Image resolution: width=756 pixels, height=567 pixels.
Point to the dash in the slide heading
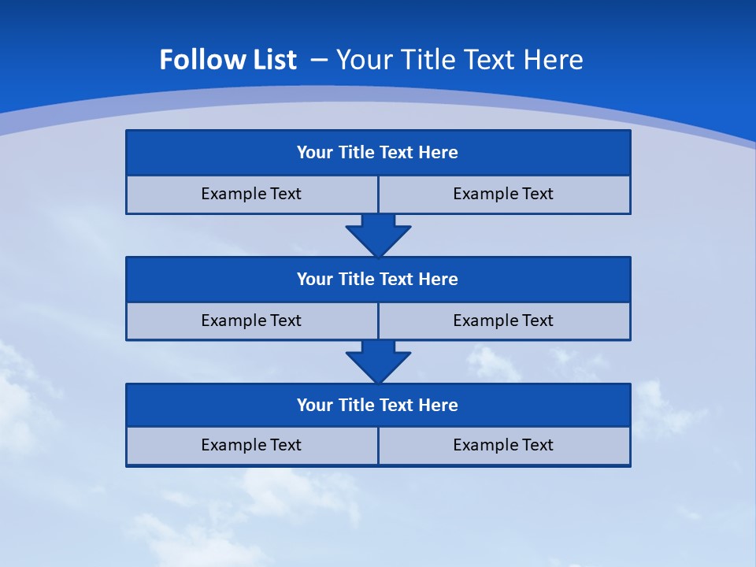coord(320,58)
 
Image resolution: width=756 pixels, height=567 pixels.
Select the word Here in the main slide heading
coord(556,60)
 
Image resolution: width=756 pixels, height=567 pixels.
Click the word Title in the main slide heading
coord(428,60)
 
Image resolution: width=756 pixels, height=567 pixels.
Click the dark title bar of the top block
coord(378,153)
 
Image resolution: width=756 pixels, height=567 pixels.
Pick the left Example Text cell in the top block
coord(251,194)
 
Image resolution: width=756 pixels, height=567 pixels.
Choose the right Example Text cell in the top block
coord(503,194)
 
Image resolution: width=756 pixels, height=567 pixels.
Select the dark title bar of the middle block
coord(378,279)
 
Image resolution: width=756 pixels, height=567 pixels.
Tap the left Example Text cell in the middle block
coord(251,321)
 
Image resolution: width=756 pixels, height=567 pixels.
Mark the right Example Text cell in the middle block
coord(503,321)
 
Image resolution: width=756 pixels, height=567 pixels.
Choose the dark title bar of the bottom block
coord(378,405)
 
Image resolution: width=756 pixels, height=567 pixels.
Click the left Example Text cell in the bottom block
coord(251,445)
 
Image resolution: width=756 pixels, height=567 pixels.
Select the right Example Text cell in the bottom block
coord(503,445)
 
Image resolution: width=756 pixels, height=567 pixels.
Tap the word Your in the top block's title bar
coord(315,153)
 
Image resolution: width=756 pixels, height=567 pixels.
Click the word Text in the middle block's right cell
coord(536,321)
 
